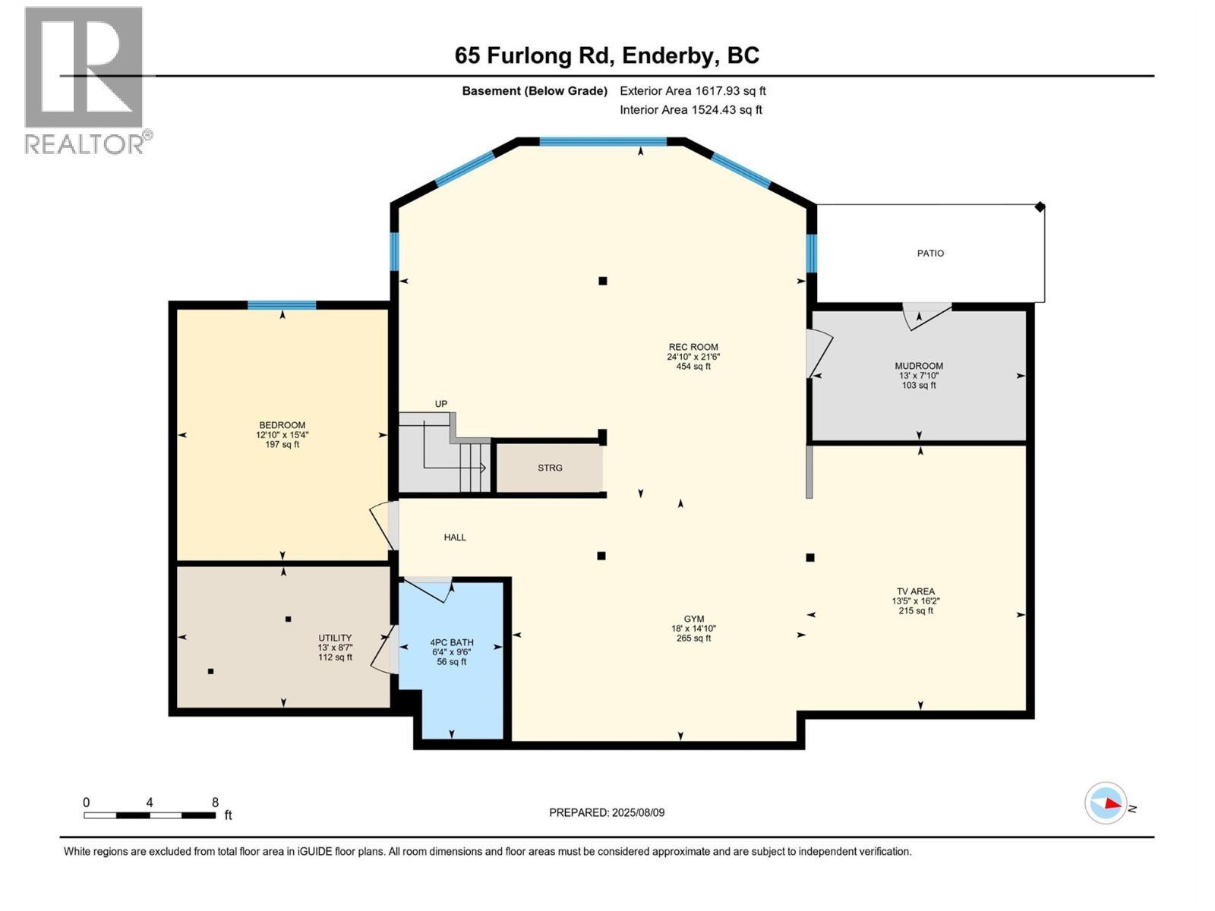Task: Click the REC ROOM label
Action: [693, 347]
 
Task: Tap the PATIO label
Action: [930, 253]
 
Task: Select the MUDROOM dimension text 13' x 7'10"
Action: [919, 375]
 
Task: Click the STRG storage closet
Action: [550, 468]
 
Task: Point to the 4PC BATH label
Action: [451, 642]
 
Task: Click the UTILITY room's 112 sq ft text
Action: [335, 657]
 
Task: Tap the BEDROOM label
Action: [282, 425]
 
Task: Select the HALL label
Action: [455, 537]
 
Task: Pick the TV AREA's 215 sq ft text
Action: [916, 610]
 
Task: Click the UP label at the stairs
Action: [441, 404]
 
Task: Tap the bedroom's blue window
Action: [282, 305]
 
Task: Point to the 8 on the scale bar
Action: [215, 802]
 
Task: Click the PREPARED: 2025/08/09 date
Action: [607, 812]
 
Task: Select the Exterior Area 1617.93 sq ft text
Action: [693, 90]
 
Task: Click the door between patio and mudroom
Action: [926, 314]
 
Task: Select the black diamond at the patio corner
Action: [1040, 206]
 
